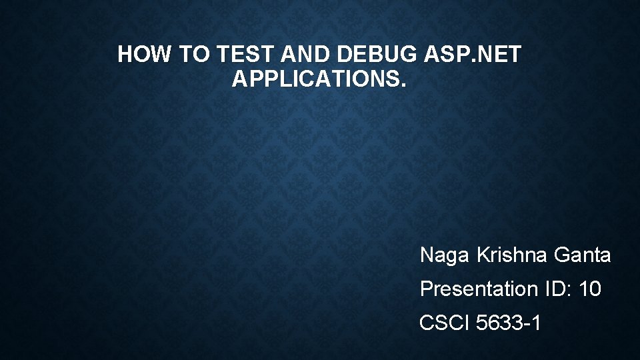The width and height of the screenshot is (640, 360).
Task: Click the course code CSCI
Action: click(445, 323)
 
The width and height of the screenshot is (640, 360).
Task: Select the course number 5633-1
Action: click(509, 323)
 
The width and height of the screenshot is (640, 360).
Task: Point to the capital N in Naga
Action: click(427, 255)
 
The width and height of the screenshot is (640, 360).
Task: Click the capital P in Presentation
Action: click(425, 289)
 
